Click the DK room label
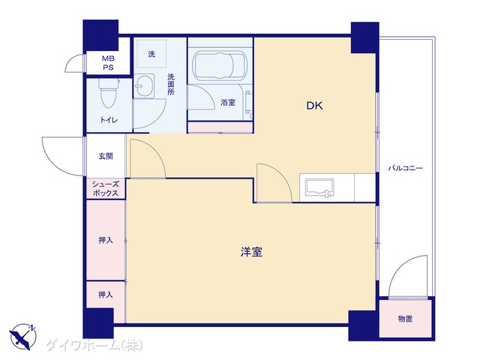pyautogui.click(x=315, y=106)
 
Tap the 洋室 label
pyautogui.click(x=251, y=252)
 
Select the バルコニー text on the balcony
pyautogui.click(x=406, y=168)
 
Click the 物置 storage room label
pyautogui.click(x=405, y=319)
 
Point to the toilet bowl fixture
pyautogui.click(x=108, y=92)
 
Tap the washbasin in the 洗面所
pyautogui.click(x=143, y=85)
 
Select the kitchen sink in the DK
pyautogui.click(x=319, y=188)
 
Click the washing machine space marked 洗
pyautogui.click(x=151, y=53)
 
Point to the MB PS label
pyautogui.click(x=108, y=63)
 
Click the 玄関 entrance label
pyautogui.click(x=106, y=156)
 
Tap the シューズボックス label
pyautogui.click(x=105, y=188)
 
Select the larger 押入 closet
pyautogui.click(x=106, y=240)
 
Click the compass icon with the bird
pyautogui.click(x=22, y=337)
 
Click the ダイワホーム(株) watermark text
pyautogui.click(x=94, y=345)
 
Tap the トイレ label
pyautogui.click(x=109, y=120)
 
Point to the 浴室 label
pyautogui.click(x=228, y=102)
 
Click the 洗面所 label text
pyautogui.click(x=171, y=85)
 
